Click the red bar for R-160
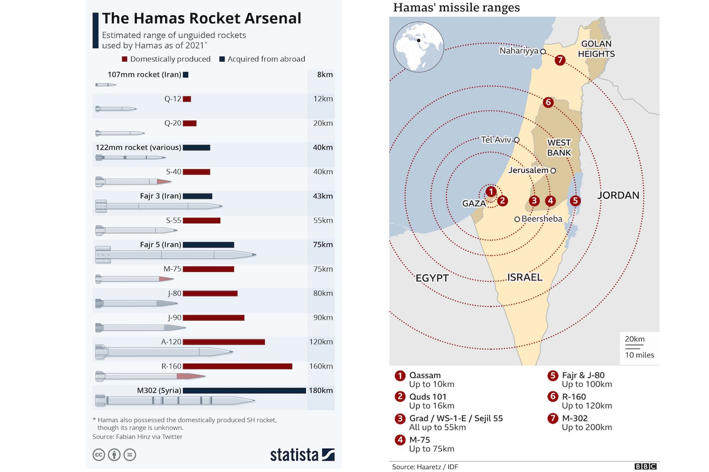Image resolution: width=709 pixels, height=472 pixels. pos(237,366)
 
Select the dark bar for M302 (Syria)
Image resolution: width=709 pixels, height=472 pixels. pos(244,391)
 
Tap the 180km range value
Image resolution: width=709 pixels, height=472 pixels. pos(321,391)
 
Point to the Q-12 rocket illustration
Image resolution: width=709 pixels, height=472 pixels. pos(116,109)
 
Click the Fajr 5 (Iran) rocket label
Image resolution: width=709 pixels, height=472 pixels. pos(160,245)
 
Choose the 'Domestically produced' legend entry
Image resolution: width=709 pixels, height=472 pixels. pos(166,59)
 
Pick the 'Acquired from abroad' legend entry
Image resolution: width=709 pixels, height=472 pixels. pos(262,59)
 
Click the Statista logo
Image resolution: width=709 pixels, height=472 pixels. pos(302,455)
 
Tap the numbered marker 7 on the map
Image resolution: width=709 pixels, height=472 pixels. pos(560,60)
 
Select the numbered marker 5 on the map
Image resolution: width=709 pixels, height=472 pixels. pos(575,201)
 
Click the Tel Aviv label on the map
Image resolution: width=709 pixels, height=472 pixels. pos(496,140)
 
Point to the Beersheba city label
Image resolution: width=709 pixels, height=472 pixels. pos(542,219)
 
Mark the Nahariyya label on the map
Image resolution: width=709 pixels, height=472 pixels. pos(519,51)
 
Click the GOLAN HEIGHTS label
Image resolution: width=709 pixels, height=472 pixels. pos(596,49)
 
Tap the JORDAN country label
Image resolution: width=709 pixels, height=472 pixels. pos(618,195)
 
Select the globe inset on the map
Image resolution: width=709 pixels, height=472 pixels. pos(418,47)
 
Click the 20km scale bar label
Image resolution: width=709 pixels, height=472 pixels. pos(634,339)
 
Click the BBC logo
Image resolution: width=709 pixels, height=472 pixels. pos(646,466)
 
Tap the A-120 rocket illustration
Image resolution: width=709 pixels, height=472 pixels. pos(164,352)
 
